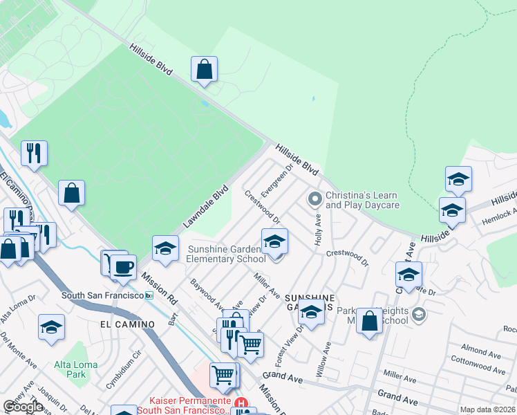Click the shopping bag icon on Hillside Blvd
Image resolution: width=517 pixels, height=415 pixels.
[204, 69]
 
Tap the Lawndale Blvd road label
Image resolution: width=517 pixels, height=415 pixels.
[205, 206]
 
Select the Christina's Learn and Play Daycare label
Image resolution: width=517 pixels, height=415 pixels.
[362, 201]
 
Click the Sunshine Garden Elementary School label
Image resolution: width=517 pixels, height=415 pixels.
[225, 254]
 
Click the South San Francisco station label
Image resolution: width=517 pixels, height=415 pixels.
[102, 295]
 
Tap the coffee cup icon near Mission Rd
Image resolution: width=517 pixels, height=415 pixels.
[123, 266]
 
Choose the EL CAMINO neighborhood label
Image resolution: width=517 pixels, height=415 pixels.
[124, 323]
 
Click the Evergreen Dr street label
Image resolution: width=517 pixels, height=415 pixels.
[278, 179]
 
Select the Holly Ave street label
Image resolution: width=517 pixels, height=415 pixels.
[319, 229]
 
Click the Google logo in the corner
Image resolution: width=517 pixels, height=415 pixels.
[23, 407]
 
